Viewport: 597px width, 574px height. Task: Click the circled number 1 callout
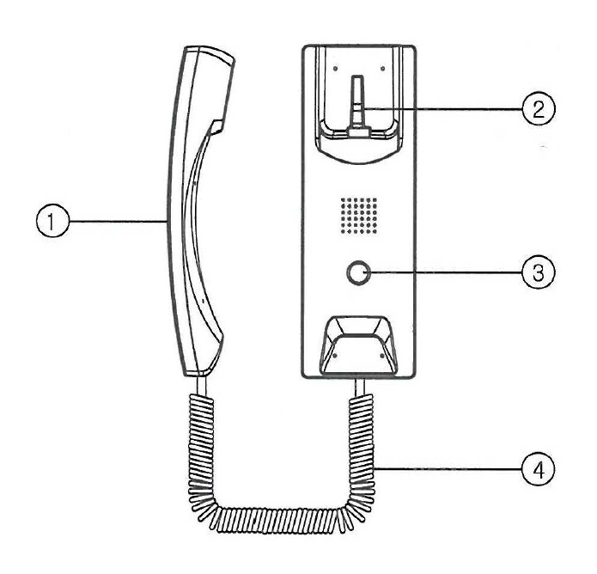[53, 221]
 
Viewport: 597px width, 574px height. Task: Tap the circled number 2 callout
[539, 108]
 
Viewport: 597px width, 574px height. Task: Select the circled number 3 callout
[539, 272]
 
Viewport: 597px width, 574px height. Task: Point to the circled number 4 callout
[539, 469]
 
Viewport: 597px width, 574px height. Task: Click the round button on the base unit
[358, 272]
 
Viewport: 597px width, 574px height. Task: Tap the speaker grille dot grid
[359, 216]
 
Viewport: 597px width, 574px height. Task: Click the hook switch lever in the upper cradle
[357, 106]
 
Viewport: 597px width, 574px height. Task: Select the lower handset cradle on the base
[359, 345]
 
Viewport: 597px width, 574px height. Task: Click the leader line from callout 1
[119, 221]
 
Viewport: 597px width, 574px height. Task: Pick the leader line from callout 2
[441, 109]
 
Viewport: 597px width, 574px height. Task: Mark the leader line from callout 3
[443, 272]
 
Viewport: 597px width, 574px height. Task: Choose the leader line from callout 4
[448, 469]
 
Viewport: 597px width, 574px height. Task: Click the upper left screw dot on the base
[335, 69]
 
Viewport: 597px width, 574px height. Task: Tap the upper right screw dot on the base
[382, 69]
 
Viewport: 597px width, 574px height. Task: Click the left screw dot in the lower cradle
[335, 356]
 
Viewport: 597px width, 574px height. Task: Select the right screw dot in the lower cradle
[382, 356]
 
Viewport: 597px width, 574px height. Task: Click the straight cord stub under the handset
[202, 386]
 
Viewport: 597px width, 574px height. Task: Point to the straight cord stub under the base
[360, 387]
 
